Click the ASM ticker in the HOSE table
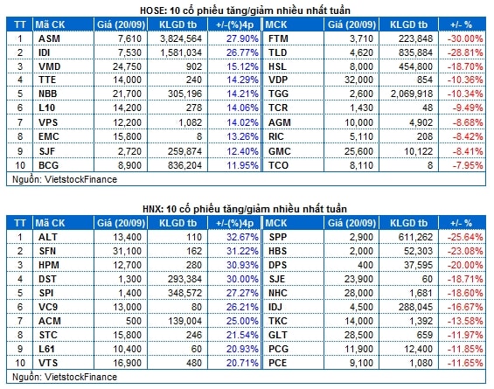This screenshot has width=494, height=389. coord(49,38)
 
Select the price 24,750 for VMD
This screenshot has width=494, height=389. coord(127,66)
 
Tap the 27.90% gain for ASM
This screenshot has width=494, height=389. coord(242,38)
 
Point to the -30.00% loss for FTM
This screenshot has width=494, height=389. coord(465,38)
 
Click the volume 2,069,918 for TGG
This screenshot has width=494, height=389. coord(412,94)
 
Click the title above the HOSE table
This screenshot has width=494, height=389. coord(245,10)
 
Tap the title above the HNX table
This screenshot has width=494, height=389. coord(245,209)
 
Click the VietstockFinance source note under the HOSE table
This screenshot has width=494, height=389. coord(65,179)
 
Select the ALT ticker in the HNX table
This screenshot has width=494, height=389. coord(47,237)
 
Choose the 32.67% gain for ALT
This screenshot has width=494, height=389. coord(242,237)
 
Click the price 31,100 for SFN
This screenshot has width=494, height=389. coord(127,251)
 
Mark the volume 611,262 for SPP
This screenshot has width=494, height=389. coord(415,237)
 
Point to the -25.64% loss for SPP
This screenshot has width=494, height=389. coord(465,237)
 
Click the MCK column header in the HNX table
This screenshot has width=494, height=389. coord(276,223)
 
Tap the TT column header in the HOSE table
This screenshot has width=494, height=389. coord(20,24)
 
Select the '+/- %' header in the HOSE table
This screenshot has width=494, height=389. coord(461,24)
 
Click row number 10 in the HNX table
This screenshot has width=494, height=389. coord(20,363)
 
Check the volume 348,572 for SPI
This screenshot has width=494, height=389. coord(184,293)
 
